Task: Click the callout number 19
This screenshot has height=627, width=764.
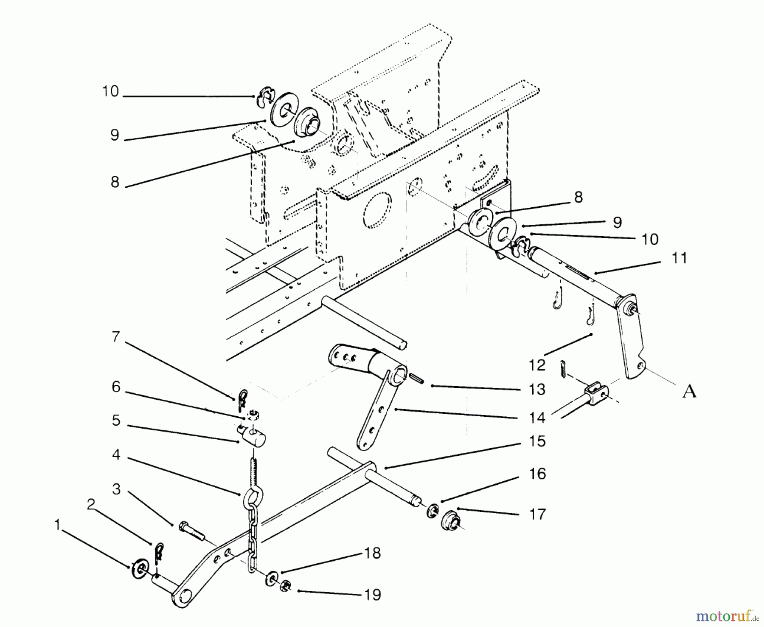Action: [x=372, y=594]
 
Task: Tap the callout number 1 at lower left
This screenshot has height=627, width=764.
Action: [x=58, y=525]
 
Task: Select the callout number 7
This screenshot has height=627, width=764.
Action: [x=116, y=337]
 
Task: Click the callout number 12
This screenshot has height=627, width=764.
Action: [x=537, y=365]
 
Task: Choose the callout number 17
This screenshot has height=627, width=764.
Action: [x=537, y=514]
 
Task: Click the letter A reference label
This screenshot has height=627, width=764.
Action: [x=689, y=391]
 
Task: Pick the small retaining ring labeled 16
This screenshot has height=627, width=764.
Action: [x=433, y=510]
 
